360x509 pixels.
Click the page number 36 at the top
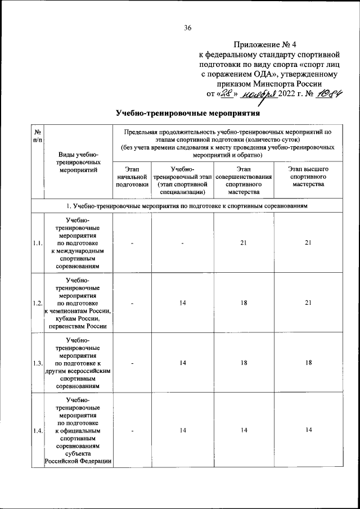point(188,28)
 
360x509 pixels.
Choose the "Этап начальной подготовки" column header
point(132,176)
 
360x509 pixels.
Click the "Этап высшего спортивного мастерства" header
point(308,176)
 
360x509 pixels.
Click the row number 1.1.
point(38,243)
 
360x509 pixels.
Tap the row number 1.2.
point(38,303)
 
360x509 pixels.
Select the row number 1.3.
point(38,363)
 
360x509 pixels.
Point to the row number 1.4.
point(38,431)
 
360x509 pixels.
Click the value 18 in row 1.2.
point(244,303)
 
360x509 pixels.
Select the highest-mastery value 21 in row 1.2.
point(308,303)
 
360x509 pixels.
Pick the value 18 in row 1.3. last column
point(308,363)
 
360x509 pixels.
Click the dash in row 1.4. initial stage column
point(132,431)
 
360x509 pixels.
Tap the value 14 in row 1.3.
point(183,363)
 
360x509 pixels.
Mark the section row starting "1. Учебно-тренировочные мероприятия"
point(187,206)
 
